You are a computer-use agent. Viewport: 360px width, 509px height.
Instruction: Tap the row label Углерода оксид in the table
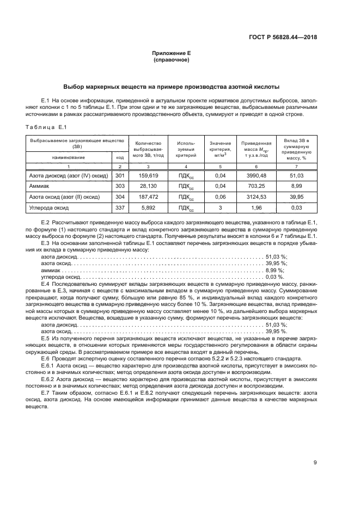click(x=48, y=207)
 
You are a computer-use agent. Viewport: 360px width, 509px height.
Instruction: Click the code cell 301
click(x=120, y=175)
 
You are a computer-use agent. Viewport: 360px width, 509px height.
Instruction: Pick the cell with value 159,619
click(x=148, y=175)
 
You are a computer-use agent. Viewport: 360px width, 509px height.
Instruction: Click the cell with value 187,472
click(x=148, y=197)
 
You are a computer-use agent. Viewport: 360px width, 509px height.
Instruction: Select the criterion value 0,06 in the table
click(x=221, y=197)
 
